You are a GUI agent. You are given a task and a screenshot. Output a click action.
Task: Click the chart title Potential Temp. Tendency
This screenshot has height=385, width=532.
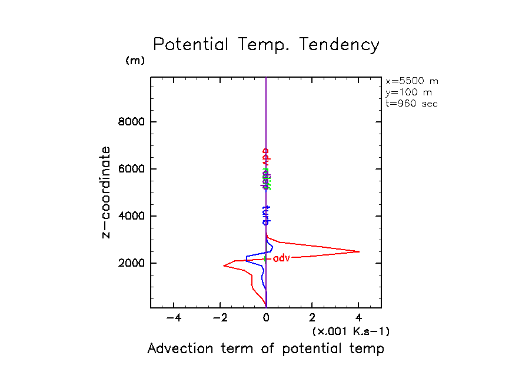266,45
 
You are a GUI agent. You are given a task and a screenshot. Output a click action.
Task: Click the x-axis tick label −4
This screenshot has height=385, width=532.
174,318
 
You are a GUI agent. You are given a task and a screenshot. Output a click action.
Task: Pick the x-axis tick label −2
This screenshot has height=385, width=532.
220,318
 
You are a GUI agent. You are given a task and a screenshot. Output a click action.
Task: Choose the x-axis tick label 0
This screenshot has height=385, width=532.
266,318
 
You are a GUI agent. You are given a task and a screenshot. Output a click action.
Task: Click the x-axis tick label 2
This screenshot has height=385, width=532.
312,318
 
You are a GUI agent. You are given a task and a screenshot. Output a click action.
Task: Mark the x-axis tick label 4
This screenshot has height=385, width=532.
358,318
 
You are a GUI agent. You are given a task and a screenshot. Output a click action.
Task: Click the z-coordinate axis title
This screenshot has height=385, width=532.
107,192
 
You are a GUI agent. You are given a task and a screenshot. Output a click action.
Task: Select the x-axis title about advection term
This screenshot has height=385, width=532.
265,349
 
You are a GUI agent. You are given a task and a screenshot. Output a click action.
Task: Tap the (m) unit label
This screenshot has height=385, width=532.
135,61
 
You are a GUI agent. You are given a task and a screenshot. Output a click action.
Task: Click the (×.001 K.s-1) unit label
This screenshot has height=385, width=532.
351,331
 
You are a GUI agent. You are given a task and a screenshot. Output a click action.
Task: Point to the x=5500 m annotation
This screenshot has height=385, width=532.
412,81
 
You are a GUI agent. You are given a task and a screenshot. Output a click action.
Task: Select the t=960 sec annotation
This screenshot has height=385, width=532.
411,104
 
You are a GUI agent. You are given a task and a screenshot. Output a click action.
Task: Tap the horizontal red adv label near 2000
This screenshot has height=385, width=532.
282,258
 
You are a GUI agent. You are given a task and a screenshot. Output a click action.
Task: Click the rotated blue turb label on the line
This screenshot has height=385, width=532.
265,215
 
